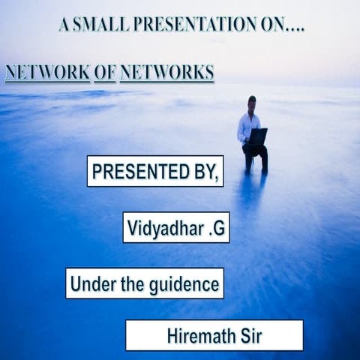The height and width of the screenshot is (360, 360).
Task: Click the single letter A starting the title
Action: (x=64, y=25)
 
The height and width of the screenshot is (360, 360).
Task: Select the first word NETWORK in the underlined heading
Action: (x=47, y=73)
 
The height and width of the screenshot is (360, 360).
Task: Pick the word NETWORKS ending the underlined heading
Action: (x=166, y=73)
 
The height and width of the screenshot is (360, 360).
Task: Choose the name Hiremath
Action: (x=200, y=335)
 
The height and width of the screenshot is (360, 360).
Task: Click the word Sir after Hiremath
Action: (x=247, y=335)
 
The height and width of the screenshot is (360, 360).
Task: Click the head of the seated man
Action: (x=251, y=102)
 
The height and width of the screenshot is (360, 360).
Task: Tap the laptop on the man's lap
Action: (x=258, y=136)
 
